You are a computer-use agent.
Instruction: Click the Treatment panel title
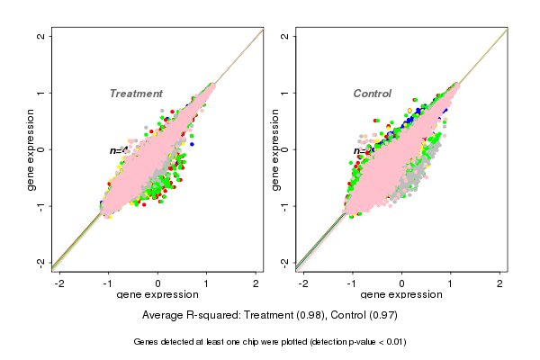coord(136,94)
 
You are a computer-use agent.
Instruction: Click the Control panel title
coord(373,94)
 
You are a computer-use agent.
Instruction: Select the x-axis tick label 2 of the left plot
coord(256,283)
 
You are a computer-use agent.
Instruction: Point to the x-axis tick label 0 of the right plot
coord(401,283)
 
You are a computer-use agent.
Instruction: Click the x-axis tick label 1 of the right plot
coord(451,283)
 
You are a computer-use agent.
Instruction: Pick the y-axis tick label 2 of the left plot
coord(39,36)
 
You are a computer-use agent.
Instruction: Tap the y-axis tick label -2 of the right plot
coord(284,262)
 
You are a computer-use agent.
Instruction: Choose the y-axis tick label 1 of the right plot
coord(284,93)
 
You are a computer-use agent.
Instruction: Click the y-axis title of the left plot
coord(31,149)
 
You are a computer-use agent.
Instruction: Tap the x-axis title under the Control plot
coord(401,295)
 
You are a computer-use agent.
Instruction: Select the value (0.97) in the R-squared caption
coord(382,316)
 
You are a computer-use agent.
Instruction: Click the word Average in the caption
coord(163,316)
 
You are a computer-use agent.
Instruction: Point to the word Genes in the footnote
coord(147,342)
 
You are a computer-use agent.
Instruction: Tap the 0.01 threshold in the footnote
coord(392,342)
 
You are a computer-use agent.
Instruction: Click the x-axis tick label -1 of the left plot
coord(108,283)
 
